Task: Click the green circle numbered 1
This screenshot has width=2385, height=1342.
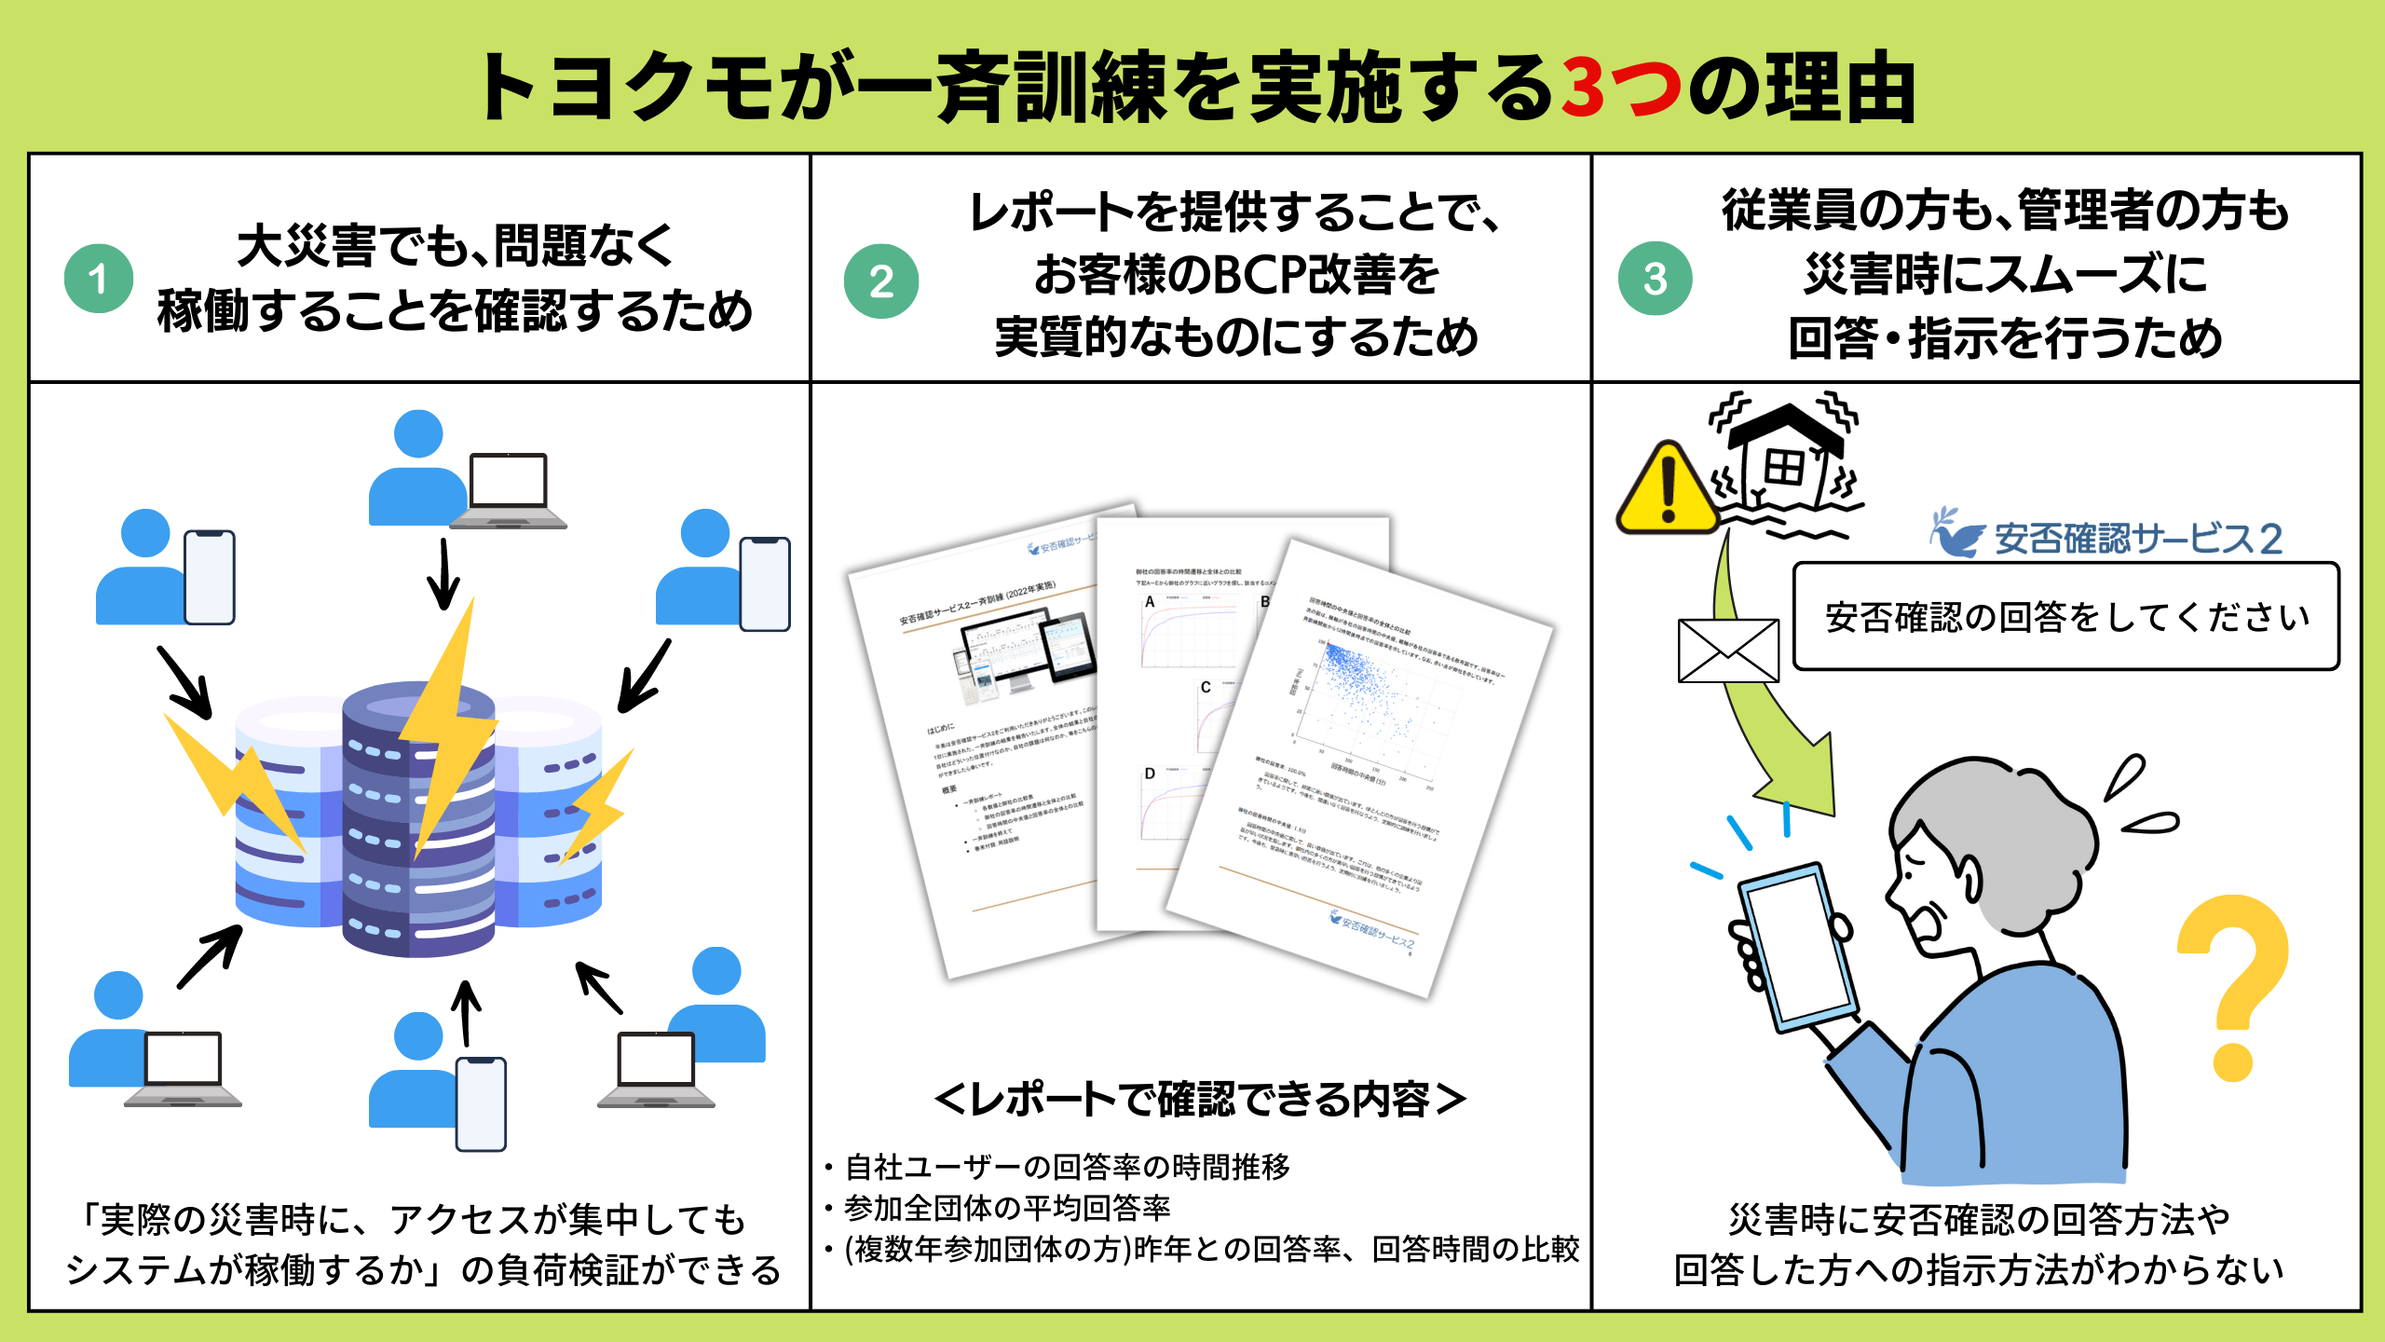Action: tap(99, 279)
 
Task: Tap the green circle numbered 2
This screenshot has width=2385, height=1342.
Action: tap(881, 281)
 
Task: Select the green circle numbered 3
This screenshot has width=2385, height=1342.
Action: tap(1655, 278)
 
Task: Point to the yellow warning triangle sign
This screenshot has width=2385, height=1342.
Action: tap(1668, 491)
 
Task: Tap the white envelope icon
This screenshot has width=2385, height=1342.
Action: tap(1728, 650)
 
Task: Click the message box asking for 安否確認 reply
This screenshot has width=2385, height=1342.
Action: tap(2065, 616)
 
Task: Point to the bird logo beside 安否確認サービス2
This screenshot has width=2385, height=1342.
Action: tap(1957, 533)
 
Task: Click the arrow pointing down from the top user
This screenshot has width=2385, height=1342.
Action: tap(443, 574)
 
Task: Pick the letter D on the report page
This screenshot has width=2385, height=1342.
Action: tap(1150, 774)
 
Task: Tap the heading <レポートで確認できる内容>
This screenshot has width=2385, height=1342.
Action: tap(1200, 1100)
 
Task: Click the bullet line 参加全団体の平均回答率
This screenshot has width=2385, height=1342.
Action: tap(1006, 1208)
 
